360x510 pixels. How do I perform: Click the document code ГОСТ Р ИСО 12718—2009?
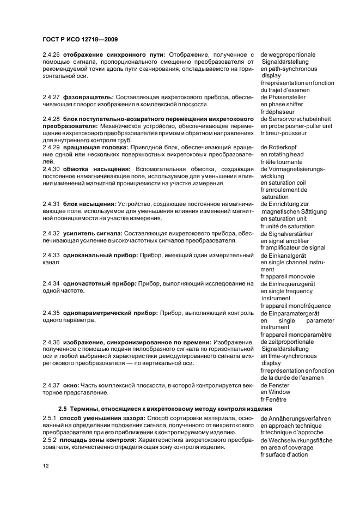pyautogui.click(x=80, y=39)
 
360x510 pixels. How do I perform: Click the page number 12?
pyautogui.click(x=46, y=466)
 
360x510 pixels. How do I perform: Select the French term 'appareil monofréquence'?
pyautogui.click(x=299, y=306)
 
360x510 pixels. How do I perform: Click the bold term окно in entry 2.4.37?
pyautogui.click(x=71, y=385)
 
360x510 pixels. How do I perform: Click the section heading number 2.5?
pyautogui.click(x=63, y=409)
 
